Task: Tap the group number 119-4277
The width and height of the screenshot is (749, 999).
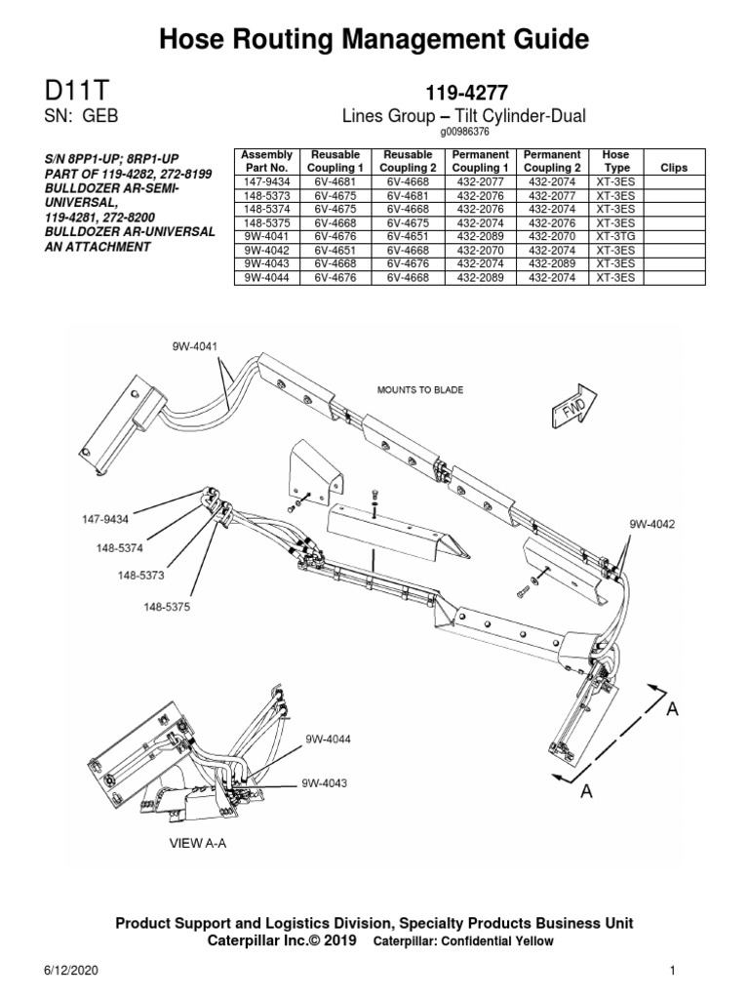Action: (x=462, y=94)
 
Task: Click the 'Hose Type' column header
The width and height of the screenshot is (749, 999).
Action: (x=615, y=161)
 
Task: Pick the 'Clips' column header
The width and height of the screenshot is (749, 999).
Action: (x=674, y=168)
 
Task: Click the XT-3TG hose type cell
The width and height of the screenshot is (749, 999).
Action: (x=615, y=236)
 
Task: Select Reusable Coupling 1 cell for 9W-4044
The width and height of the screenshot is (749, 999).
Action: (x=336, y=277)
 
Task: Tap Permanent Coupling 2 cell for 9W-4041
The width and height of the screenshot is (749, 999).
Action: (x=552, y=236)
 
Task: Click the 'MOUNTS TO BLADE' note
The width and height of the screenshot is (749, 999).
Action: (x=420, y=389)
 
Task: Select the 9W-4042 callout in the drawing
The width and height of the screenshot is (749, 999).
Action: (x=651, y=524)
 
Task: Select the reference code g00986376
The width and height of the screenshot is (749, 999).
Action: (x=462, y=133)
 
